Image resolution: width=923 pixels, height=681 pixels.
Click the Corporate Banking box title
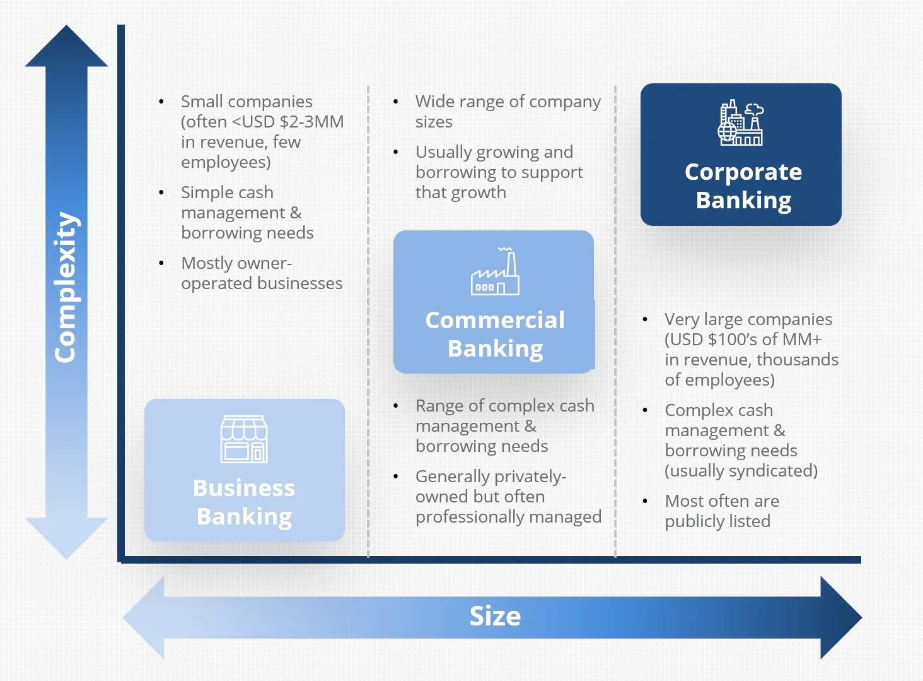[x=743, y=186]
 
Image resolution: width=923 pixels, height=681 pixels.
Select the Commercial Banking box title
[x=495, y=334]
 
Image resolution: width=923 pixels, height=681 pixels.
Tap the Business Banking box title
[x=244, y=502]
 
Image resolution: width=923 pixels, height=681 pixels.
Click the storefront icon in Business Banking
[x=244, y=439]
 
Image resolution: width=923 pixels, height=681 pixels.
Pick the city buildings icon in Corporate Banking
[x=741, y=123]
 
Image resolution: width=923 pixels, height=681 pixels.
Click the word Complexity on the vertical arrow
[x=66, y=287]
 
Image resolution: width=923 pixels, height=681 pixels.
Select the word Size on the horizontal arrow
[x=495, y=616]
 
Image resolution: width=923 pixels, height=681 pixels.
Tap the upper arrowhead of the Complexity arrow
[x=66, y=47]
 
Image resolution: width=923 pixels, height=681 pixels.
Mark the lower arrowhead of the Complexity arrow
[x=66, y=536]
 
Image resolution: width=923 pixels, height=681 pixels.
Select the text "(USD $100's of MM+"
[x=743, y=340]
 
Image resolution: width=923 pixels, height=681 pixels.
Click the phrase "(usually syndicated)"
[x=741, y=471]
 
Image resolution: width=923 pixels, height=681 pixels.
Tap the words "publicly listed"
[x=717, y=521]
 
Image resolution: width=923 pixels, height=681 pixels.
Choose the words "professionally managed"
[x=508, y=517]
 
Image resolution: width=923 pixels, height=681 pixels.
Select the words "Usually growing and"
[x=494, y=152]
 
